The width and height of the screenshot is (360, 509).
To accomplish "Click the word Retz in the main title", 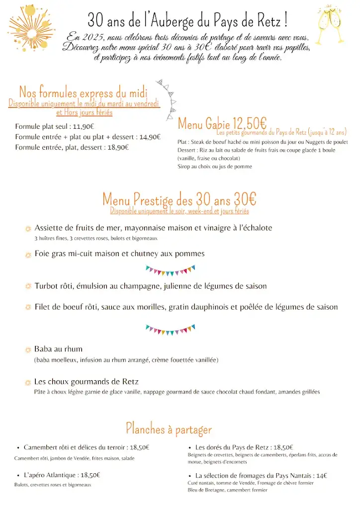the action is tap(268, 21).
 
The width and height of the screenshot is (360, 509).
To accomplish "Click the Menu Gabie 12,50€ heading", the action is tap(222, 123).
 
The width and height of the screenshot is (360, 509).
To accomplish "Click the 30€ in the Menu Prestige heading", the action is tap(245, 199).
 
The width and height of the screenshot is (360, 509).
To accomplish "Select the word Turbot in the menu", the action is tap(47, 286).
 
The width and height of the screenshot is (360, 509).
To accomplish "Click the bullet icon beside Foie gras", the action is tap(28, 254).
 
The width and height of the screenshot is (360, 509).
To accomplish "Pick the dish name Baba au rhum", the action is tap(58, 349).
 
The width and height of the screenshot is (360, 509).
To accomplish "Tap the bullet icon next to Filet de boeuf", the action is tap(28, 307).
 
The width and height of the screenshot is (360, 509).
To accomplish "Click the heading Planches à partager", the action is tap(169, 428).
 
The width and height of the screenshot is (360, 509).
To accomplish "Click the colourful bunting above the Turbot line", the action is tap(170, 270).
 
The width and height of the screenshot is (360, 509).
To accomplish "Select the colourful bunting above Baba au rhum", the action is tap(170, 329).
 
